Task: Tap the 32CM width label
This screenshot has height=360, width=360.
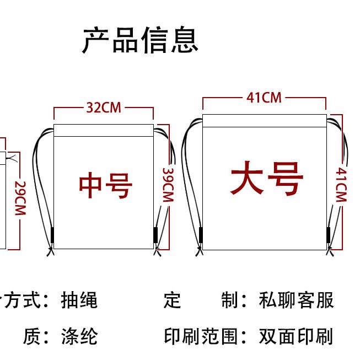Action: point(103,107)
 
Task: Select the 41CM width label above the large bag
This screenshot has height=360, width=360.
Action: point(264,98)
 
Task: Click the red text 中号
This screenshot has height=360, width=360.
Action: point(105,186)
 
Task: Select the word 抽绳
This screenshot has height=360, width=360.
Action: point(79,300)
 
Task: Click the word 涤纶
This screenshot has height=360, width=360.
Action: point(79,336)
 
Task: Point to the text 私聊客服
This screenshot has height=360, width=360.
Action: point(296,300)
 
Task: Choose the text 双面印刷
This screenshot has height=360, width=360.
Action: point(296,336)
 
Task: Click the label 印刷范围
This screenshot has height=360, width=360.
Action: point(202,336)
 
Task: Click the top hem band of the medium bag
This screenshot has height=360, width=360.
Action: point(104,130)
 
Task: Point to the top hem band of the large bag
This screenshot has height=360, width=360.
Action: point(265,120)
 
